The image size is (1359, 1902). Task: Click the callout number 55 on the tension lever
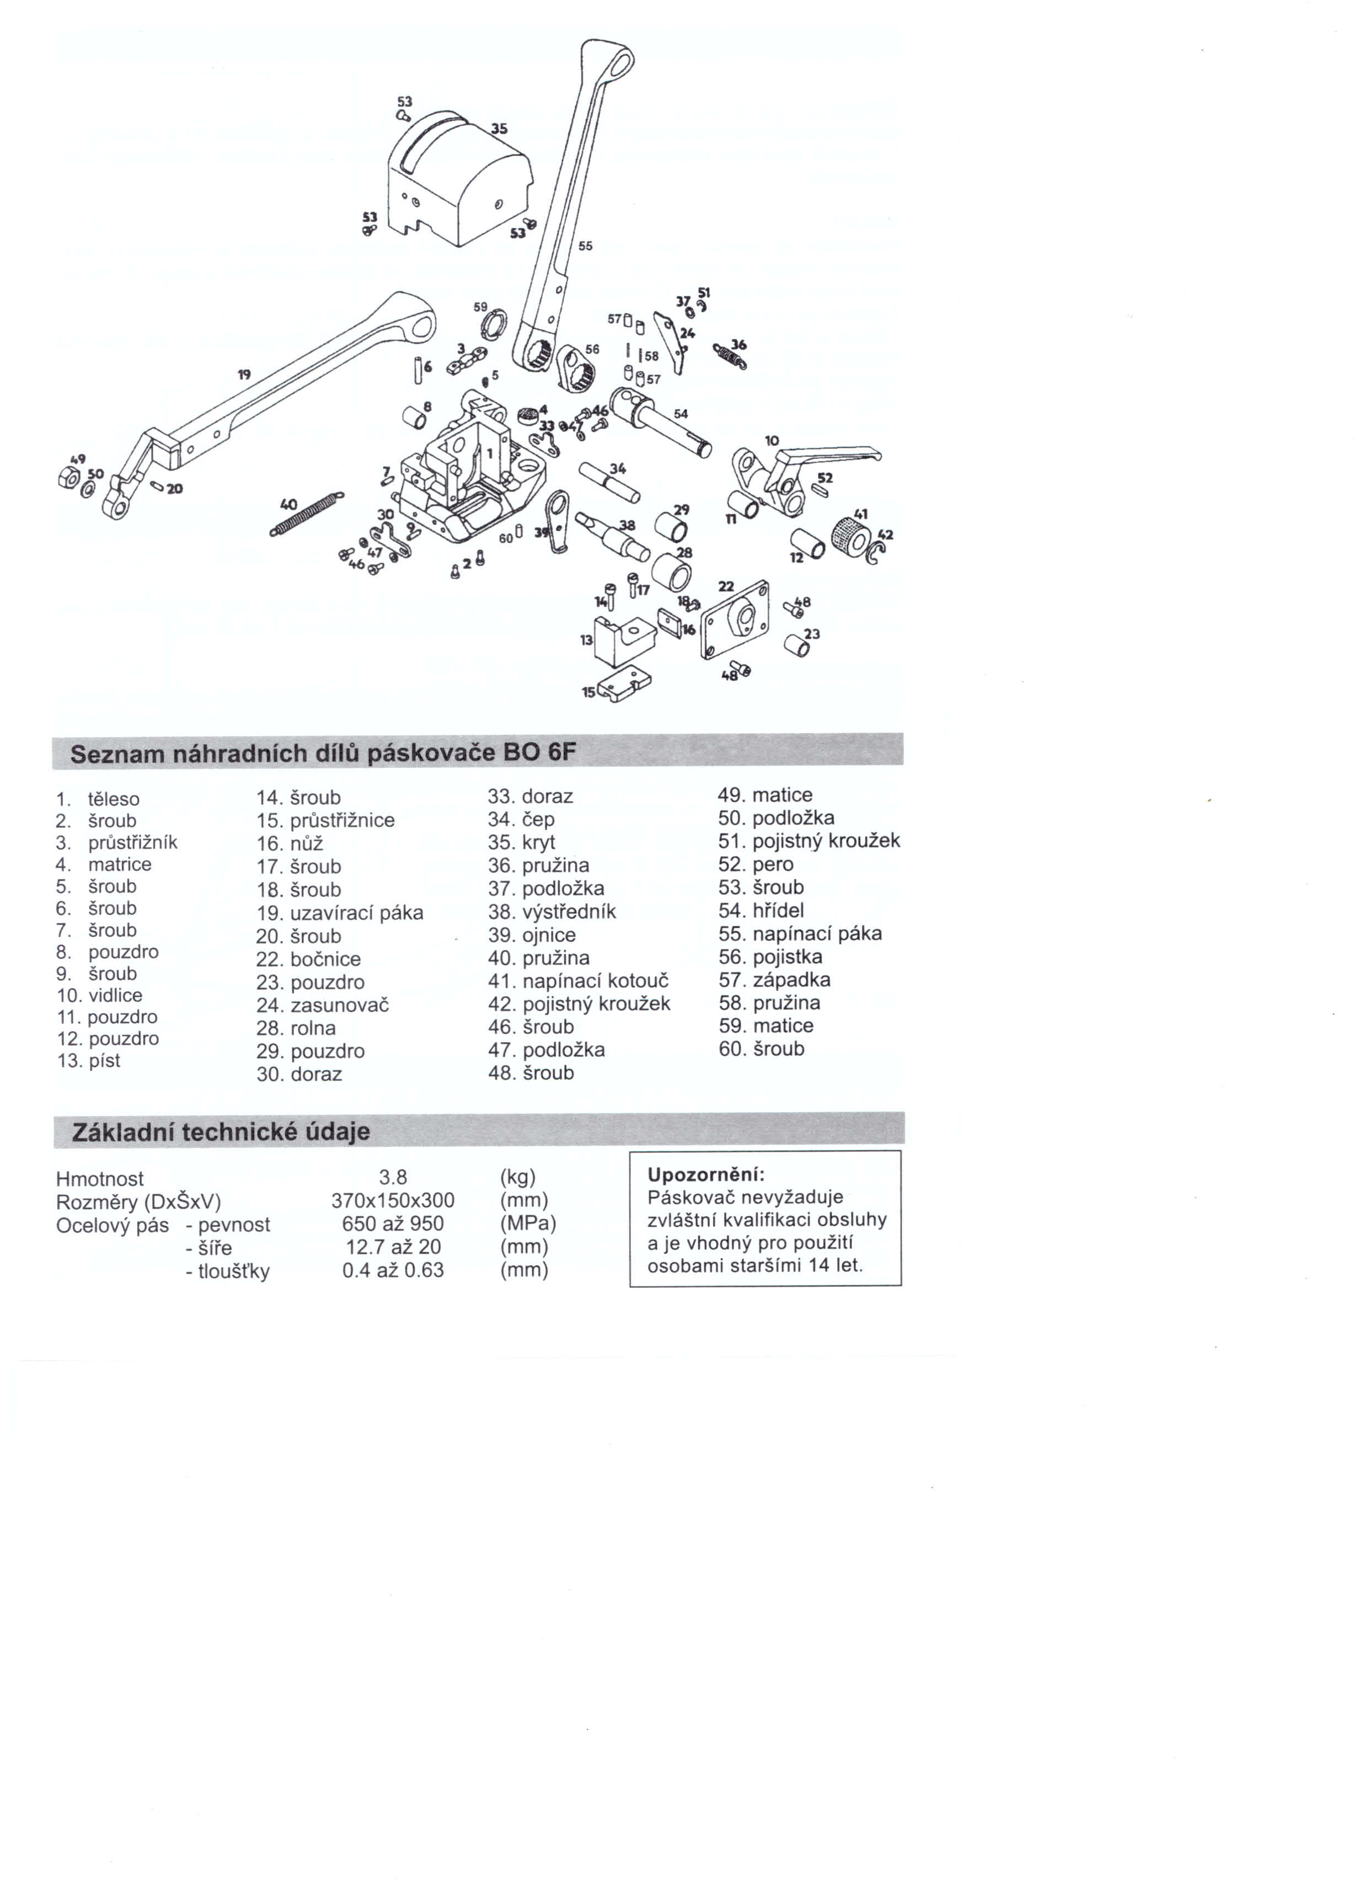pyautogui.click(x=585, y=246)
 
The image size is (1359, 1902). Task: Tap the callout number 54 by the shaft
pyautogui.click(x=681, y=414)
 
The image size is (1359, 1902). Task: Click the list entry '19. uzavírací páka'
pyautogui.click(x=340, y=913)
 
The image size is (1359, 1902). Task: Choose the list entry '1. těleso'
pyautogui.click(x=98, y=799)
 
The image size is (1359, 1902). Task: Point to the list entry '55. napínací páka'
pyautogui.click(x=800, y=934)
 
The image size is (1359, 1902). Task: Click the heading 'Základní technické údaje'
pyautogui.click(x=221, y=1132)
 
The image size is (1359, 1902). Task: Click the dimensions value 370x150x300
pyautogui.click(x=393, y=1201)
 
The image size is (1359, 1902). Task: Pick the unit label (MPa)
pyautogui.click(x=528, y=1224)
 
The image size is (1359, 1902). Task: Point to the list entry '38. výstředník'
pyautogui.click(x=552, y=911)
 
